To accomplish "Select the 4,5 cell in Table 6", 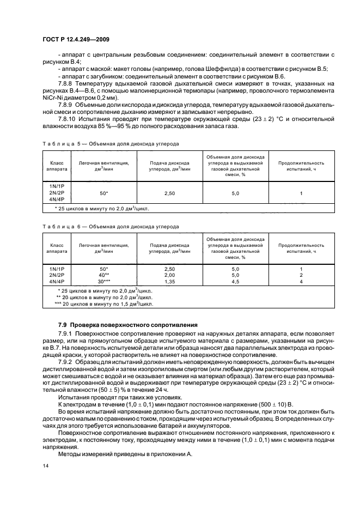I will point(235,281).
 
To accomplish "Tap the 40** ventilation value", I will point(103,275).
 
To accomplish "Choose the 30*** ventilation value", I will point(103,281).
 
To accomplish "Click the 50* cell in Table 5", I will point(103,193).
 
